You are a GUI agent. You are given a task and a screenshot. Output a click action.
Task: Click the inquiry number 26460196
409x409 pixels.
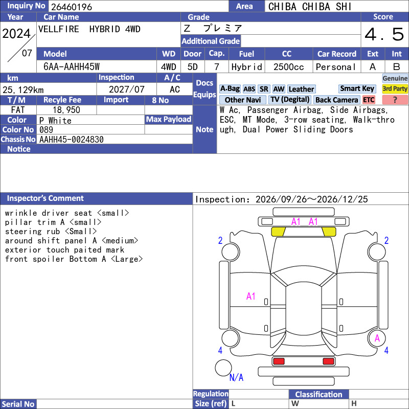coord(72,7)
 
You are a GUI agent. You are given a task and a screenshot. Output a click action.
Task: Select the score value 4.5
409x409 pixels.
coord(384,34)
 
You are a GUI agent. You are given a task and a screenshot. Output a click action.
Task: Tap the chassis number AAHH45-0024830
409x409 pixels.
coord(72,140)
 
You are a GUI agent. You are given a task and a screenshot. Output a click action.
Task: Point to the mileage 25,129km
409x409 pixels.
coord(23,90)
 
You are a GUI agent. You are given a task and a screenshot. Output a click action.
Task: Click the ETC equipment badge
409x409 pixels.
coord(369,100)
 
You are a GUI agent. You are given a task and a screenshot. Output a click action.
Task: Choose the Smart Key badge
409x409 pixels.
coord(357,88)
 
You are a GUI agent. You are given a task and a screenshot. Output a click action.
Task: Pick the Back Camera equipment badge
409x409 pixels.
coord(336,100)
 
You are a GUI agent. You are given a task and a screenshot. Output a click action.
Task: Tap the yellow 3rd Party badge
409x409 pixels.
coord(395,88)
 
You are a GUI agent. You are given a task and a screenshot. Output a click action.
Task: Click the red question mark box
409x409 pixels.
coord(395,100)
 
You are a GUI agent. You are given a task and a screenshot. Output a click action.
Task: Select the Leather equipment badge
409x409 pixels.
coord(301,89)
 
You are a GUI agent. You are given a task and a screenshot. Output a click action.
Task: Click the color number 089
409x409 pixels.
coord(46,130)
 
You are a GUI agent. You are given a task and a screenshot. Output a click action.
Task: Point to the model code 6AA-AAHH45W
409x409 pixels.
coord(72,67)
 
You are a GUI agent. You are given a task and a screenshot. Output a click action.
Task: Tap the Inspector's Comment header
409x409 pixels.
coord(46,198)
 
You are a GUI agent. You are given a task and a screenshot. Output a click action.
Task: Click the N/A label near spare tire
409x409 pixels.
coord(236,377)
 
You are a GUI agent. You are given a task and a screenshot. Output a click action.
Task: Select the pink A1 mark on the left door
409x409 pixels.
coord(251,297)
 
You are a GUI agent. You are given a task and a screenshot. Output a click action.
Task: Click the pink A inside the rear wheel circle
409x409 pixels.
coord(377,338)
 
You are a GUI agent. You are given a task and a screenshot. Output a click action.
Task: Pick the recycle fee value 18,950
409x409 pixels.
coord(66,110)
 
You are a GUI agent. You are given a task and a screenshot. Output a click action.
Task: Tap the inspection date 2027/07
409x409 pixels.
coord(126,89)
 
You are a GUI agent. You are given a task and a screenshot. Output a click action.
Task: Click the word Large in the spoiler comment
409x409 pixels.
coord(127,259)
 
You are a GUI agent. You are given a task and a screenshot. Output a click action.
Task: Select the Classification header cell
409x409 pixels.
coord(319,394)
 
